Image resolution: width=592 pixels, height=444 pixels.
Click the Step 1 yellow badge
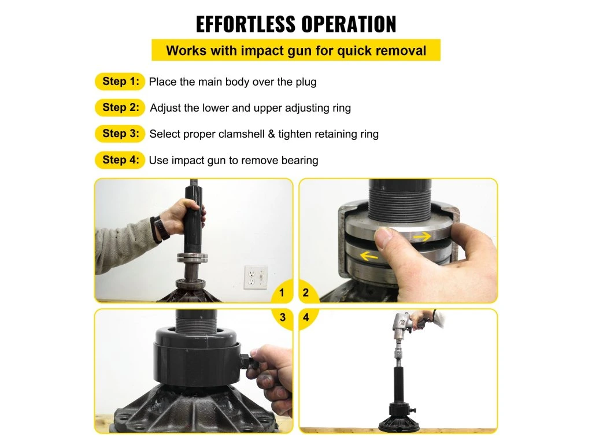[120, 82]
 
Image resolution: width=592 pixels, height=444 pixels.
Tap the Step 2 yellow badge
[120, 108]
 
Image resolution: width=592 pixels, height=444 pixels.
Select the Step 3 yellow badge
[120, 134]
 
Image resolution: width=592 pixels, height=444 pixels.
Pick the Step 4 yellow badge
[120, 160]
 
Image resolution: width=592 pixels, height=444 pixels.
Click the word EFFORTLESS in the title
[245, 24]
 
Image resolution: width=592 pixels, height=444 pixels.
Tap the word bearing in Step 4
[300, 161]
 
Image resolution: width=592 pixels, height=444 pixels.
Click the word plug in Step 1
[306, 82]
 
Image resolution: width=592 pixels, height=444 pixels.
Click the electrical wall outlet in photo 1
[256, 277]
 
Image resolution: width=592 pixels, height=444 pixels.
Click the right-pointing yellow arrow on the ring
[422, 236]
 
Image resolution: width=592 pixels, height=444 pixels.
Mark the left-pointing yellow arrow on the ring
[369, 256]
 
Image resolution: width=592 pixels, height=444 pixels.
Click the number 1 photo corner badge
[282, 292]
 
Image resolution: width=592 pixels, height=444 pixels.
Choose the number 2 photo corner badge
[306, 292]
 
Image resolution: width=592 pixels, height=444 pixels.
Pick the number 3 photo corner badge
[282, 317]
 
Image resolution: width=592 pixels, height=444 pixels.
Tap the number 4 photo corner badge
[306, 317]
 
